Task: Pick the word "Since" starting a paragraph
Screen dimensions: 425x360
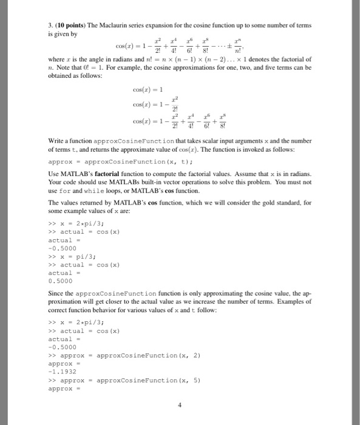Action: click(56, 293)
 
